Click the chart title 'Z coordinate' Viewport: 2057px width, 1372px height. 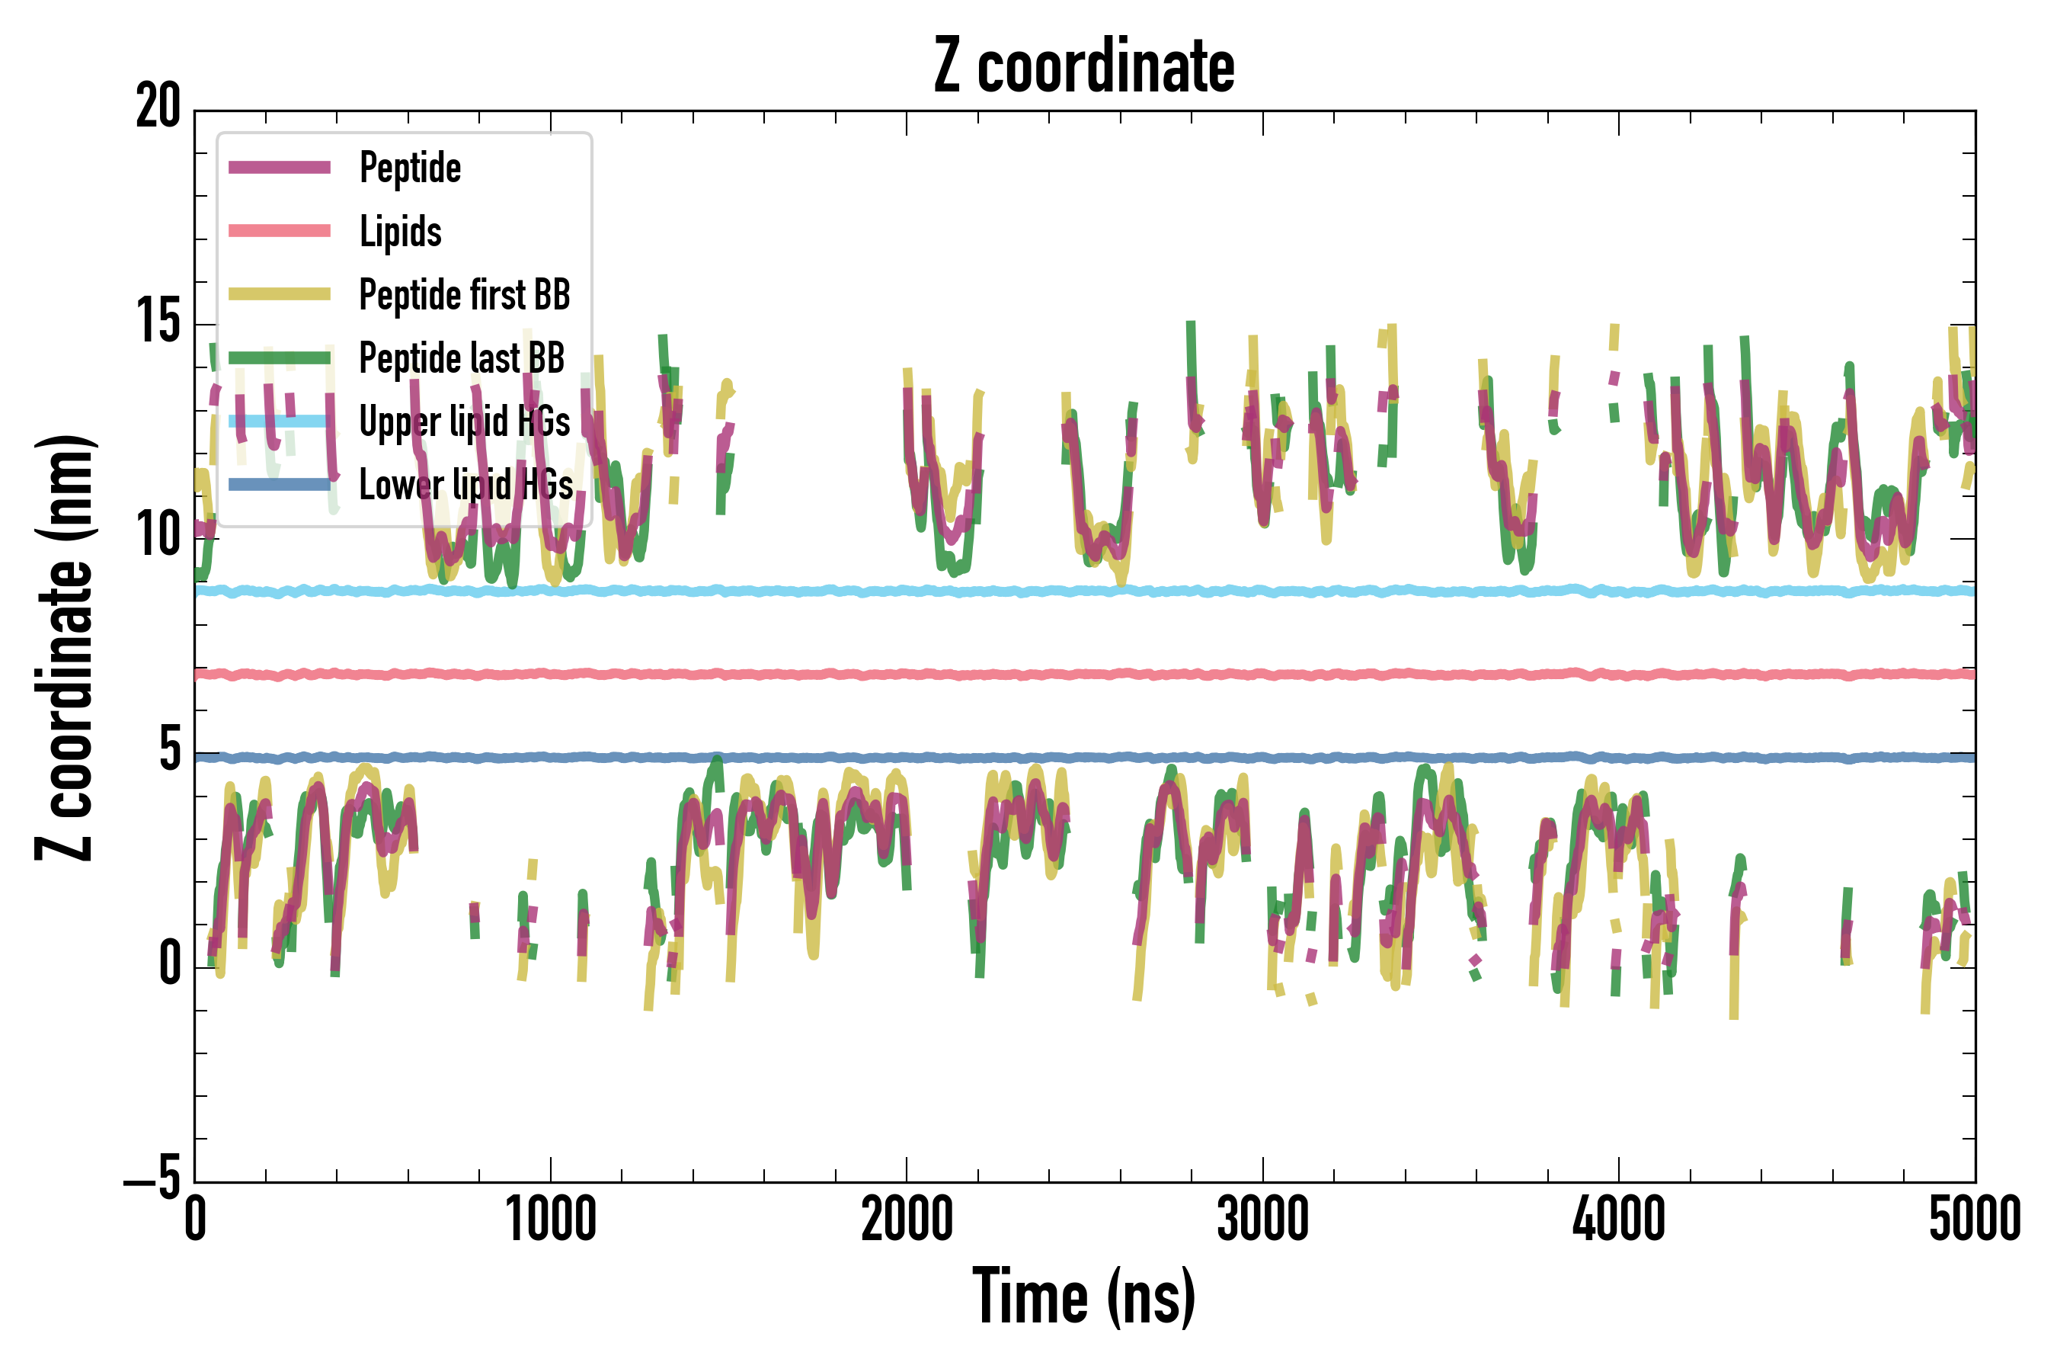(x=1083, y=66)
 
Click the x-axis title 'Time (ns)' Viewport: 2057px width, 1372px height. (x=1083, y=1297)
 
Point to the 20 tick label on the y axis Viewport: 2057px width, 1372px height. (x=158, y=108)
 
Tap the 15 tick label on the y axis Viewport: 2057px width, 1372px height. (x=158, y=322)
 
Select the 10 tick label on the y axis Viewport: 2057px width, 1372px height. (x=158, y=536)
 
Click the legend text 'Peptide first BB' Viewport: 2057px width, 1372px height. (x=465, y=295)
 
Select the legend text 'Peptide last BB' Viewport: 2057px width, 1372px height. (x=462, y=358)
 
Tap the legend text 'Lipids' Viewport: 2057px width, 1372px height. (x=401, y=232)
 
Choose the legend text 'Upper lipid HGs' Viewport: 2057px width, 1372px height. (x=465, y=422)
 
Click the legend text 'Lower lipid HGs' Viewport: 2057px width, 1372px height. (x=466, y=485)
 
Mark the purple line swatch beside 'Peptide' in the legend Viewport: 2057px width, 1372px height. (x=279, y=168)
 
